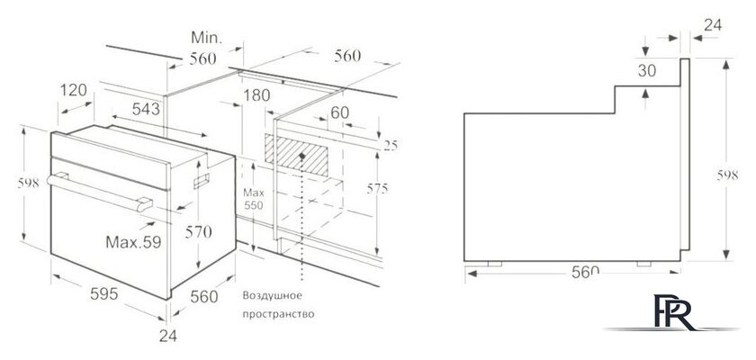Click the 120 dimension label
point(74,90)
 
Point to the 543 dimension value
point(146,109)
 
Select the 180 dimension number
point(256,95)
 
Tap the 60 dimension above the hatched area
point(340,112)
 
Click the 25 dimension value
point(391,145)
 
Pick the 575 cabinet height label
point(377,189)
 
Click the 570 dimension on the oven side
point(198,232)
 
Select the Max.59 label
point(133,242)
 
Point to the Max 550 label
point(254,199)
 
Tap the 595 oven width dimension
point(104,293)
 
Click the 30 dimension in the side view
point(647,71)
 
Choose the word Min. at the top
point(206,38)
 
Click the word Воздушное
point(272,295)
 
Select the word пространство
point(278,314)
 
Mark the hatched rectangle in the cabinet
point(296,155)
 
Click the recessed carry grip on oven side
point(202,180)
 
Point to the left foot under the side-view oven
point(495,264)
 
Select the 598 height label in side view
point(727,175)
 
